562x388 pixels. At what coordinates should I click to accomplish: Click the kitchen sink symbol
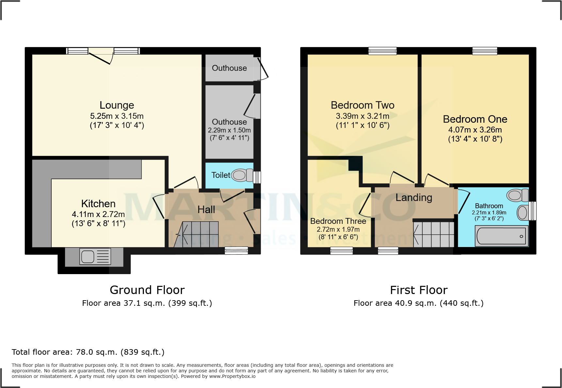(x=95, y=256)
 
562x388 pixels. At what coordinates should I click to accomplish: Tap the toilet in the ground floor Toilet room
(x=242, y=175)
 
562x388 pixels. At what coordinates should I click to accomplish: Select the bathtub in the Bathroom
(x=501, y=236)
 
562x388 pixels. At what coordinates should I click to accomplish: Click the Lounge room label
(x=117, y=105)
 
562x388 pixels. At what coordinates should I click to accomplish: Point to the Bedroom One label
(x=475, y=119)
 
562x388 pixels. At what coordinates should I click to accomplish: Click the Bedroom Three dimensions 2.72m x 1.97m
(x=338, y=229)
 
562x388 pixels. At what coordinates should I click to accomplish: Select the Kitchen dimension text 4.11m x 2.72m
(x=98, y=214)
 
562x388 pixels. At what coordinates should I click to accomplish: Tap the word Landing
(x=414, y=197)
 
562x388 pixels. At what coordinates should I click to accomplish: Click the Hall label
(x=206, y=210)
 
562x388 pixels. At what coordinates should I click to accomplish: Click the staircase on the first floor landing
(x=433, y=234)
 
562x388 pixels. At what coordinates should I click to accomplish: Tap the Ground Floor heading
(x=147, y=290)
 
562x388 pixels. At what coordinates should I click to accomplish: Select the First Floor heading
(x=419, y=290)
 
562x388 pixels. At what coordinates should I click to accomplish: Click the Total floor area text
(x=88, y=352)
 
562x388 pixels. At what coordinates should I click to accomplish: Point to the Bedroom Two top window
(x=382, y=51)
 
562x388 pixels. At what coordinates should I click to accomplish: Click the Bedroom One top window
(x=485, y=51)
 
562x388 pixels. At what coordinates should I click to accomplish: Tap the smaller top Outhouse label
(x=229, y=68)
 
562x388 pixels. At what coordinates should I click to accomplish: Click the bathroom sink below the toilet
(x=523, y=213)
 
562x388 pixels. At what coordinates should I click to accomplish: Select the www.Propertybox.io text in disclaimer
(x=232, y=376)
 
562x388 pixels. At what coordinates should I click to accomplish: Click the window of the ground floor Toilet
(x=257, y=177)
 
